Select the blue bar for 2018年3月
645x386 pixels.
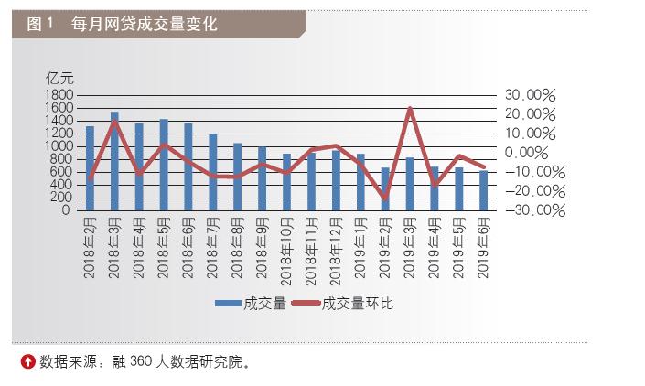click(114, 161)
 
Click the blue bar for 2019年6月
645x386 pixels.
click(482, 189)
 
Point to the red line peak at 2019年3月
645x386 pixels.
click(409, 108)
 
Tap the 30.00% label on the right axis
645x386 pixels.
click(530, 95)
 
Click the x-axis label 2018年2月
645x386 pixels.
click(91, 247)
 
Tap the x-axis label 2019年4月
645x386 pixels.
click(434, 247)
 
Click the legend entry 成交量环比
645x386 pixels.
click(358, 302)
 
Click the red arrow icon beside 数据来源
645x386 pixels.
click(28, 361)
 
